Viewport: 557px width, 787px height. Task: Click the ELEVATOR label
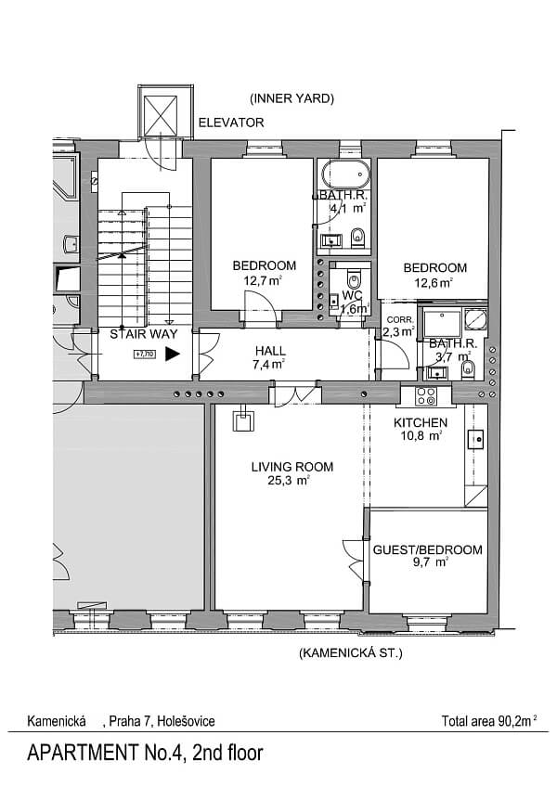pyautogui.click(x=231, y=123)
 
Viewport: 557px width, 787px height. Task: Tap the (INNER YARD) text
pyautogui.click(x=291, y=98)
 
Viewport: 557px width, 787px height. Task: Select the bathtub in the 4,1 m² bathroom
pyautogui.click(x=346, y=174)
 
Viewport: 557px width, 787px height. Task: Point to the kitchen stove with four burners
pyautogui.click(x=426, y=396)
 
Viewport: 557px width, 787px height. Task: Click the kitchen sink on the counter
pyautogui.click(x=475, y=439)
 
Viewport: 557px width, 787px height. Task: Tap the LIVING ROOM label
pyautogui.click(x=292, y=467)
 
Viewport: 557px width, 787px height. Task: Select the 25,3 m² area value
pyautogui.click(x=289, y=481)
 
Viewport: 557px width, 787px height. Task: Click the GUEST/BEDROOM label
pyautogui.click(x=427, y=549)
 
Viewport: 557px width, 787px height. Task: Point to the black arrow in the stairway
pyautogui.click(x=173, y=354)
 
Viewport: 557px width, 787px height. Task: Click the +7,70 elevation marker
pyautogui.click(x=145, y=355)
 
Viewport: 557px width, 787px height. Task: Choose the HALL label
pyautogui.click(x=270, y=351)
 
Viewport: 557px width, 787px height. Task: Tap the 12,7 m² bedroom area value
pyautogui.click(x=262, y=280)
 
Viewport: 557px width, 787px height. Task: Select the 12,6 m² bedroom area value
pyautogui.click(x=434, y=282)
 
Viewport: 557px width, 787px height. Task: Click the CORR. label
pyautogui.click(x=400, y=319)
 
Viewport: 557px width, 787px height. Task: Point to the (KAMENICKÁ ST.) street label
pyautogui.click(x=351, y=653)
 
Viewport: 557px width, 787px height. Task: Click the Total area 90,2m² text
pyautogui.click(x=489, y=721)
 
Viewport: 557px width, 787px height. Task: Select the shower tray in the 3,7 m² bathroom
pyautogui.click(x=442, y=324)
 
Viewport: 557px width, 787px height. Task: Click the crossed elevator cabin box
pyautogui.click(x=161, y=115)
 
